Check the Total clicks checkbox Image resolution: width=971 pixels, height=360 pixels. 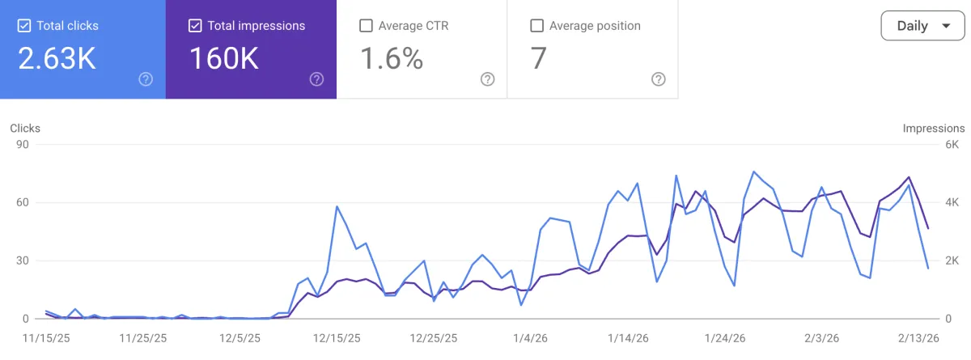(x=24, y=26)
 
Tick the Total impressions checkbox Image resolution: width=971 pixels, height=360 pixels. (x=195, y=26)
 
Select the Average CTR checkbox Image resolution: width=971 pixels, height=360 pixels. (x=366, y=26)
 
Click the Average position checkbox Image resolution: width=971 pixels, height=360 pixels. (x=536, y=26)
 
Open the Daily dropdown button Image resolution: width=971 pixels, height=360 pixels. (x=922, y=26)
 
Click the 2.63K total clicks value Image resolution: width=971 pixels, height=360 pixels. (x=57, y=58)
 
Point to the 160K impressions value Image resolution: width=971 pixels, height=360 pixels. (x=224, y=58)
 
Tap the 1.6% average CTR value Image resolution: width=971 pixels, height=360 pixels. (x=391, y=58)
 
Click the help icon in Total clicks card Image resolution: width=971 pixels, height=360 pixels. (x=146, y=79)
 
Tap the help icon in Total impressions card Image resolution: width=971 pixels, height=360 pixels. (x=316, y=79)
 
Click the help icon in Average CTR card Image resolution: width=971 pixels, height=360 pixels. (x=487, y=79)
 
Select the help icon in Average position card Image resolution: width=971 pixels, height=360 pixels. (x=659, y=79)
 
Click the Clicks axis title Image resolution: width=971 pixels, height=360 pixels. (x=25, y=128)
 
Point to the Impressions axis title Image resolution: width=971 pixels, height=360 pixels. (x=934, y=128)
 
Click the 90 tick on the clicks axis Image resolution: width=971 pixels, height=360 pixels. (x=23, y=145)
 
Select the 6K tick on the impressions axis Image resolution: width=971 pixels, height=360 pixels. (x=952, y=145)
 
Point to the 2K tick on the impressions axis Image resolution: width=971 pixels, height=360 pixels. (x=952, y=260)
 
